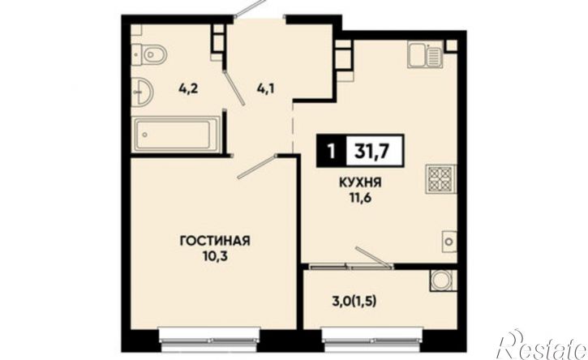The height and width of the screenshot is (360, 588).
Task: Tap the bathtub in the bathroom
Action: pyautogui.click(x=175, y=135)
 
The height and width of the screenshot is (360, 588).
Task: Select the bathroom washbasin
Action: pyautogui.click(x=142, y=91)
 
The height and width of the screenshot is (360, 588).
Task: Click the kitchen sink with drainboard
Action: pyautogui.click(x=425, y=55)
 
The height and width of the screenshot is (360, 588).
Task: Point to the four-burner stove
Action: pyautogui.click(x=440, y=179)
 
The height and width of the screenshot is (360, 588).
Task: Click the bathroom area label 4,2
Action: pyautogui.click(x=188, y=89)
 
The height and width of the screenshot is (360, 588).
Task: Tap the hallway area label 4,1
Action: pyautogui.click(x=265, y=89)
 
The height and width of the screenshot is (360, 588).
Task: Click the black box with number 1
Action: pyautogui.click(x=331, y=151)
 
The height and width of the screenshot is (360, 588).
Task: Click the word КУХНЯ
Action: pyautogui.click(x=360, y=182)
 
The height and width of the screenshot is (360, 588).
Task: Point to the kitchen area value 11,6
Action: pyautogui.click(x=360, y=198)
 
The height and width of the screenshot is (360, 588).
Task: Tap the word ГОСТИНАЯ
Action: pyautogui.click(x=215, y=241)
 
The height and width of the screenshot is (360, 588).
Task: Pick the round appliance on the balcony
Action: pyautogui.click(x=443, y=280)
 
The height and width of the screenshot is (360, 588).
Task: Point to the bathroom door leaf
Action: pyautogui.click(x=234, y=88)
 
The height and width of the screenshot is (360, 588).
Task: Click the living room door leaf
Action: pyautogui.click(x=258, y=166)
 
